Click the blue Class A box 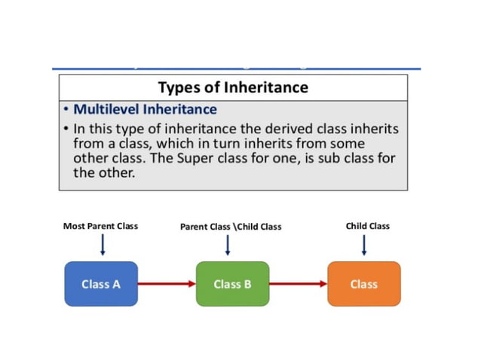click(x=101, y=284)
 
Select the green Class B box click(x=232, y=284)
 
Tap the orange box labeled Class click(x=363, y=284)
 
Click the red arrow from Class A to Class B click(x=167, y=284)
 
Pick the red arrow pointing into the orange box click(x=298, y=284)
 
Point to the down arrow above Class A click(x=103, y=244)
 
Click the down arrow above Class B click(x=228, y=244)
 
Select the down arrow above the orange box click(x=365, y=244)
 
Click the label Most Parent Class click(x=101, y=226)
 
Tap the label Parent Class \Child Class click(x=230, y=227)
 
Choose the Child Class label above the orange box click(x=367, y=226)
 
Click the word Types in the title click(x=179, y=87)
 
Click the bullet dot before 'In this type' click(x=66, y=130)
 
